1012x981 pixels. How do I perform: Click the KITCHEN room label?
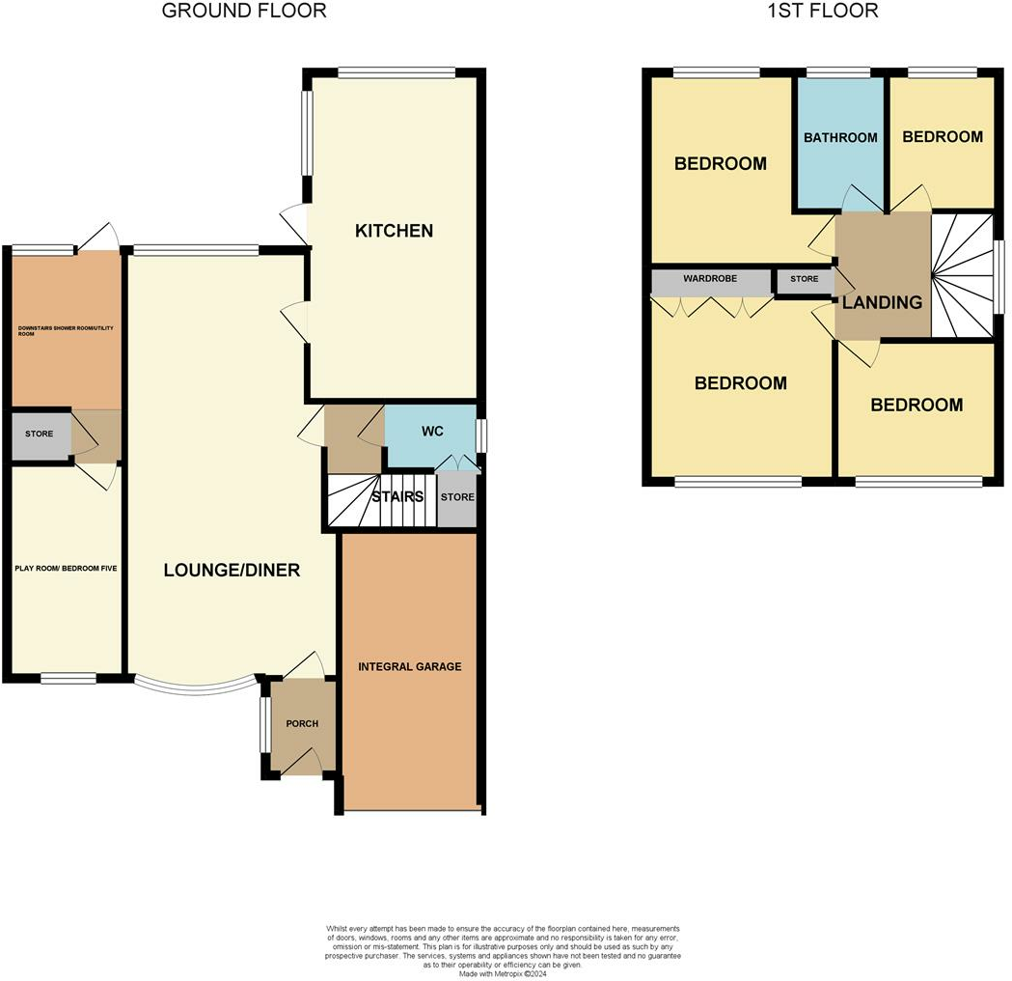394,231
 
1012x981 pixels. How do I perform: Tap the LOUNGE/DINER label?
231,570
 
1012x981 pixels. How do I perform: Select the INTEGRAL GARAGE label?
410,666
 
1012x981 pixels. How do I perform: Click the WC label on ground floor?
431,431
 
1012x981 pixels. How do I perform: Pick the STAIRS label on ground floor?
397,498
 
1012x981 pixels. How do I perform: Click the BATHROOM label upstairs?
840,137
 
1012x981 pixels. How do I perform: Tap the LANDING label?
882,302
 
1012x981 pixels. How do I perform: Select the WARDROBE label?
710,279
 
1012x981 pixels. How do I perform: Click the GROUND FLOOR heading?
243,12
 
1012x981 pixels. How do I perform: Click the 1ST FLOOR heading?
823,12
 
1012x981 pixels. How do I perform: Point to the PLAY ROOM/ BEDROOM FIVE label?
66,569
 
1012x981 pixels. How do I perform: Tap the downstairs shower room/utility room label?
66,331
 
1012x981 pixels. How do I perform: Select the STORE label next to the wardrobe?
804,279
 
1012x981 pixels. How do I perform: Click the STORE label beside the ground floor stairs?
457,497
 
